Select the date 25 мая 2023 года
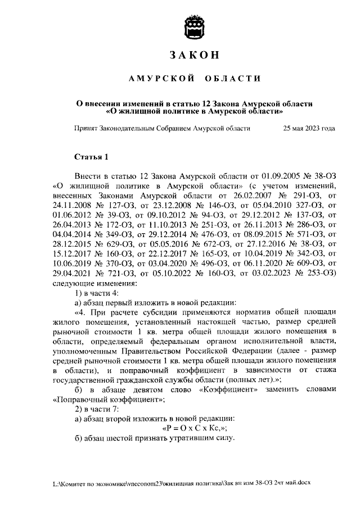coord(309,128)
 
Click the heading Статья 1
coord(90,156)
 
